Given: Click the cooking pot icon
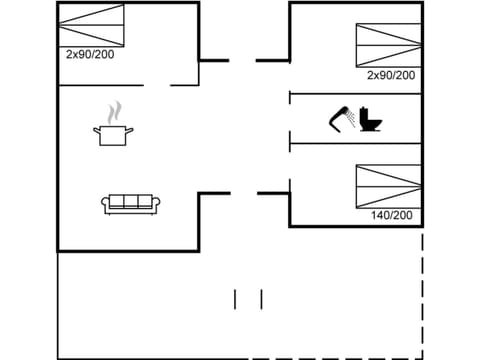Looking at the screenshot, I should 112,134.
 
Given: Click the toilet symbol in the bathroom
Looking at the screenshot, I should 372,119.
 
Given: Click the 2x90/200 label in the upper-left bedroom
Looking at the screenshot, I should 90,55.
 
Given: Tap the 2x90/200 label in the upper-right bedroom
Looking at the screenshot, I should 391,75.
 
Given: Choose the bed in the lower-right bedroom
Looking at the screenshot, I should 388,185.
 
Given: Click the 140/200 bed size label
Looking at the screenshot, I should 391,215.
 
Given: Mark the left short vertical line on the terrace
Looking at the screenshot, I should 236,299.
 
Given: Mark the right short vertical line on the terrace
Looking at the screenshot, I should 261,299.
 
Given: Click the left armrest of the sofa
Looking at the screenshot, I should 105,204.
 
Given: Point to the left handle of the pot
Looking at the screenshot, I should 97,129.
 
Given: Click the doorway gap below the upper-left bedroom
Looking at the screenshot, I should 156,86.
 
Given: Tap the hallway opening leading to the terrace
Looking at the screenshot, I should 244,193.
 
